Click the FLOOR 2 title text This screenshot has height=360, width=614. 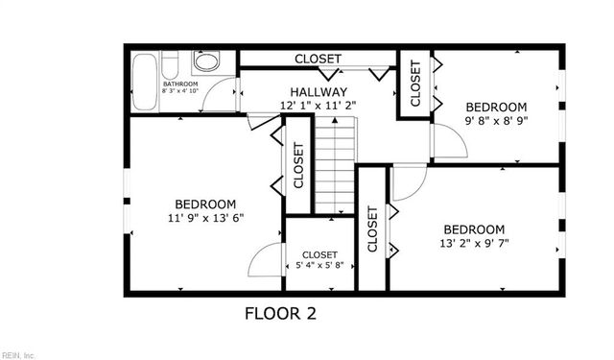280,313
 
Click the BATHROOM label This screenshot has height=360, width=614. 180,84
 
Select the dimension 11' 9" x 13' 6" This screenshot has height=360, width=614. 205,218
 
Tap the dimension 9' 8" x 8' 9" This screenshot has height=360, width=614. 496,121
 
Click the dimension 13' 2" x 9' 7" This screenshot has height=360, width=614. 473,244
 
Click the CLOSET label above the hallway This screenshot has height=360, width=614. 318,59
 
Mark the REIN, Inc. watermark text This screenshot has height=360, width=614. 18,354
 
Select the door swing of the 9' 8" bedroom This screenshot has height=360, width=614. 449,144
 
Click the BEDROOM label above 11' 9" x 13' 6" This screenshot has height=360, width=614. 205,204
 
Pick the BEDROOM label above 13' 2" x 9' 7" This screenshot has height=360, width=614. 473,229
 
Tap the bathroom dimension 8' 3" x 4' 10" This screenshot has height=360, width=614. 180,93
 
